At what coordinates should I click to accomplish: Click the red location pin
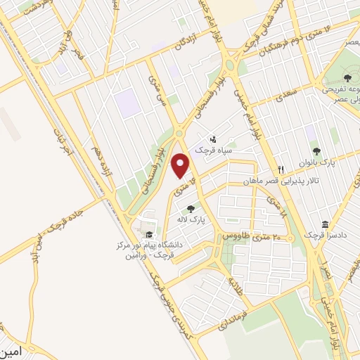coord(181,165)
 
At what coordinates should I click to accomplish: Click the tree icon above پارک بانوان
coord(316,151)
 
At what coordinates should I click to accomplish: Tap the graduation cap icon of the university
coord(148,235)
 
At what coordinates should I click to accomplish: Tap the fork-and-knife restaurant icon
coord(281,169)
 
